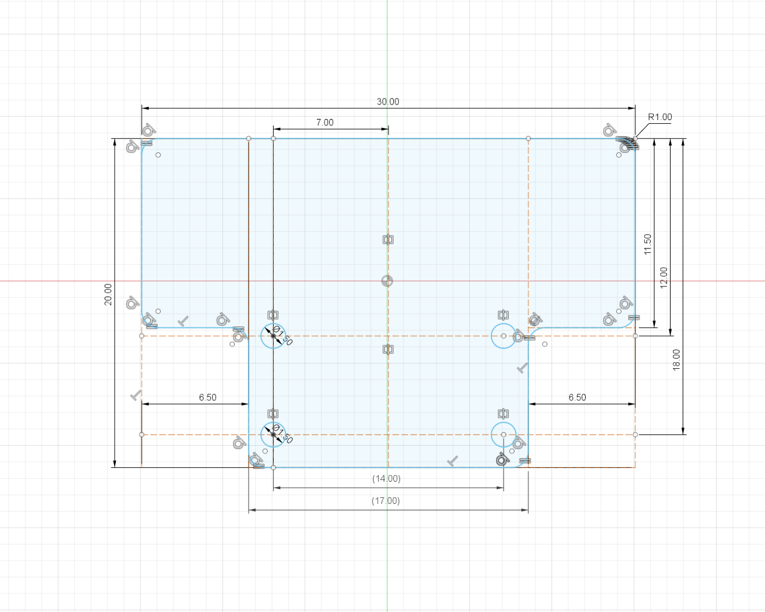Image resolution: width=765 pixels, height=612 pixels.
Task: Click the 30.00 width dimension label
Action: click(388, 102)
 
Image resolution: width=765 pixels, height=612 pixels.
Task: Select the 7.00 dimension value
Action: click(325, 123)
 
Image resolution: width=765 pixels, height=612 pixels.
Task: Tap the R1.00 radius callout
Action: click(660, 117)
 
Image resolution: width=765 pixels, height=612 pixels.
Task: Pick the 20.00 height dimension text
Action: click(108, 294)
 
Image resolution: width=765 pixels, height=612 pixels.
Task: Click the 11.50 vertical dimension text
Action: click(647, 244)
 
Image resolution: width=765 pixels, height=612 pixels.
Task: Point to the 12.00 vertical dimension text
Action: click(663, 277)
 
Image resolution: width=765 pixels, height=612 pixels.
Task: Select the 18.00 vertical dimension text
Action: click(677, 360)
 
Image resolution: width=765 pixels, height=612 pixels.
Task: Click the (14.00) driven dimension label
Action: click(386, 479)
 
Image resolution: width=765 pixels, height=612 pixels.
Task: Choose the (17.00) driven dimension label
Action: click(385, 501)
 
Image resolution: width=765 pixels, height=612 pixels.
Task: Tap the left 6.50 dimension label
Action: click(207, 397)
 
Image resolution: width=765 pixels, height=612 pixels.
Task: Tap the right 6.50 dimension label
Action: click(577, 397)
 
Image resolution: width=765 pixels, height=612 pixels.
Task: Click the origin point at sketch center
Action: click(387, 281)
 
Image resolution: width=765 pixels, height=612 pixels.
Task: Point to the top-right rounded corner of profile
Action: click(633, 141)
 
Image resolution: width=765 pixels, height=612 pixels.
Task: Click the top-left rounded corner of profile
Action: click(143, 141)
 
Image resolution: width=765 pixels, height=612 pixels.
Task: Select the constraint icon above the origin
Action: click(388, 240)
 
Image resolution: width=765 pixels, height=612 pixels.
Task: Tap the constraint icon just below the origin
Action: click(388, 349)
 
